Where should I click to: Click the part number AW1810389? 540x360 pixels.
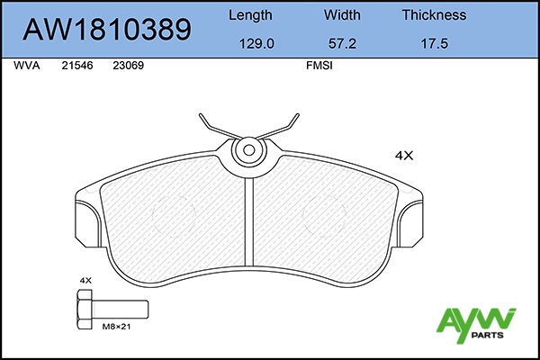click(107, 30)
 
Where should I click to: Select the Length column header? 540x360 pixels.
click(250, 15)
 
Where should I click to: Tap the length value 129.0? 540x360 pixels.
click(256, 44)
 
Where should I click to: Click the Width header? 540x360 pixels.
click(342, 14)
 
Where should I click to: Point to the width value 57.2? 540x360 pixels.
click(342, 44)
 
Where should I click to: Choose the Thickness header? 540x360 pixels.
click(435, 14)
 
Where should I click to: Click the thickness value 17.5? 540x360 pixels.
click(435, 44)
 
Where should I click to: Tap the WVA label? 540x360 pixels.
click(27, 66)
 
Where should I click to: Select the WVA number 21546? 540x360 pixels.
click(77, 66)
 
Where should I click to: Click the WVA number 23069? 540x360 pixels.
click(129, 66)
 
